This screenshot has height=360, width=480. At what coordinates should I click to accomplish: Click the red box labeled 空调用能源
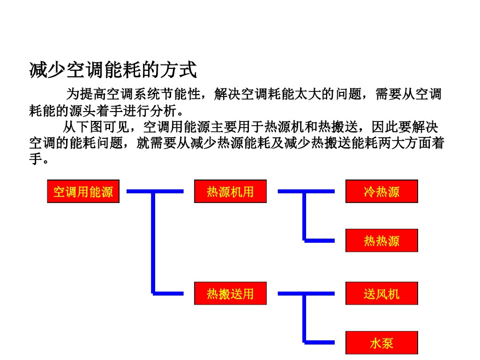click(x=83, y=191)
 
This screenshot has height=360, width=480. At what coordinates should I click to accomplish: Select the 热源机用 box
click(x=230, y=191)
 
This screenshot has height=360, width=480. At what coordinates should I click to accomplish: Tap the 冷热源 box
click(x=382, y=191)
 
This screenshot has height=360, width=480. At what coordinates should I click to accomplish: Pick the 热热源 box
click(x=382, y=240)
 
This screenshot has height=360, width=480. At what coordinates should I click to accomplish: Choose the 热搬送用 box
click(x=230, y=293)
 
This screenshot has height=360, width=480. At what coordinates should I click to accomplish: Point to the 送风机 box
click(x=382, y=293)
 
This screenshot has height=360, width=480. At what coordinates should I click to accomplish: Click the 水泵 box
click(x=382, y=343)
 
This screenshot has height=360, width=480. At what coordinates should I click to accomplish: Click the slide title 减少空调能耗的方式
click(x=113, y=70)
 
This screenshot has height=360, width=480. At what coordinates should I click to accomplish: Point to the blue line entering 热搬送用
click(x=169, y=293)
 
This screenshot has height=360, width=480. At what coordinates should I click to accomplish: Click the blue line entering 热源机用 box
click(x=169, y=191)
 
